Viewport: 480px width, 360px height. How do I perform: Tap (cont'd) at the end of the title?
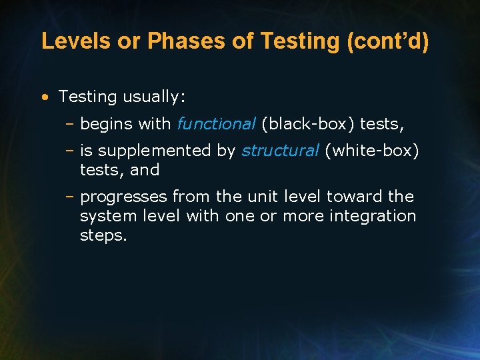[x=388, y=41]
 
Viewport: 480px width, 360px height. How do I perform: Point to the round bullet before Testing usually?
[x=44, y=97]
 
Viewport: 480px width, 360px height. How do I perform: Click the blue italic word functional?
[x=216, y=123]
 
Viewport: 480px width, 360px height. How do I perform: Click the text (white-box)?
[x=372, y=151]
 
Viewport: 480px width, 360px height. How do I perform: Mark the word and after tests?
[x=145, y=170]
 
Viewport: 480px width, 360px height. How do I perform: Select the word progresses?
[x=123, y=197]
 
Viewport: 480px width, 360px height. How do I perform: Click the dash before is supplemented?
[x=70, y=151]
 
